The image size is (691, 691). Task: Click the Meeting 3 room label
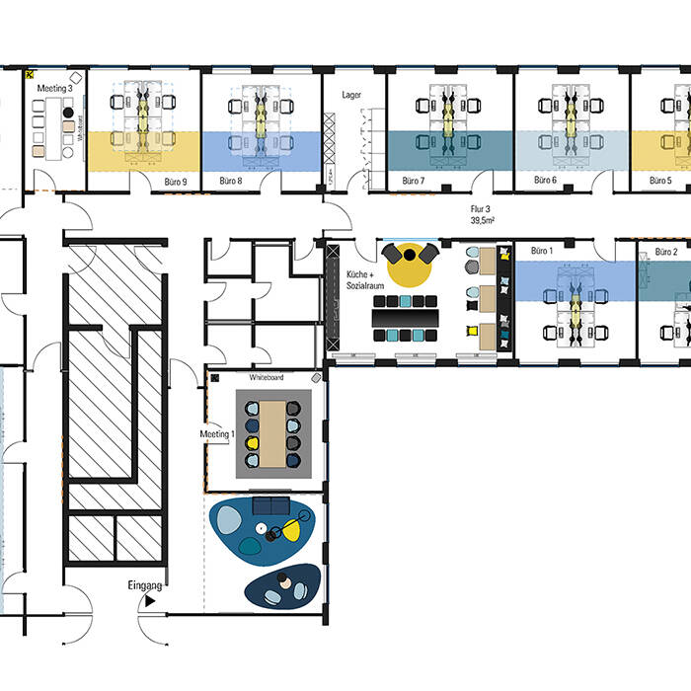tap(54, 89)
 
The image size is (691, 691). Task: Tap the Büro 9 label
tap(176, 182)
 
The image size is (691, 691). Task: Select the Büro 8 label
tap(230, 181)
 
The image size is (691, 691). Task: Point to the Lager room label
tap(351, 95)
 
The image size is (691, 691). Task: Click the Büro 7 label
tap(413, 181)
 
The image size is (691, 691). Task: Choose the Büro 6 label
tap(545, 180)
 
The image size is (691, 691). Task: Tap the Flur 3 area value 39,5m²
tap(482, 220)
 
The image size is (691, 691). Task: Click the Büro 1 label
tap(542, 251)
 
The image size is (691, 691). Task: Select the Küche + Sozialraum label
tap(365, 279)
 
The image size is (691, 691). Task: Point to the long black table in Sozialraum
tap(405, 318)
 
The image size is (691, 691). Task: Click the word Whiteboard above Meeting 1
tap(267, 377)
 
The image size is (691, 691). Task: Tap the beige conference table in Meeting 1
tap(272, 434)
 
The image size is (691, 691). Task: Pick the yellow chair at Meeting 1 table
tap(252, 443)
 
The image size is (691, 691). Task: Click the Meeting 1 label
tap(217, 434)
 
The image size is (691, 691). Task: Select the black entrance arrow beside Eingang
tap(150, 600)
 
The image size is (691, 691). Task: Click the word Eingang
tap(144, 585)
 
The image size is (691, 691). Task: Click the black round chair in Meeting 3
tap(68, 113)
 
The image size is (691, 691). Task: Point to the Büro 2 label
tap(666, 252)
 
